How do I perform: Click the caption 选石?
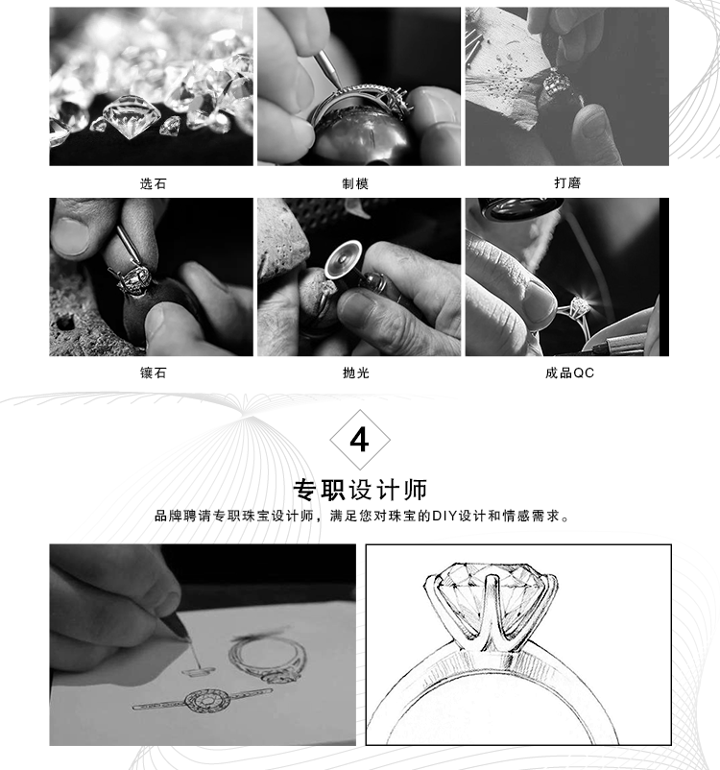[154, 183]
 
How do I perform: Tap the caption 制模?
[355, 183]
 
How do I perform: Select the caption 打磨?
[567, 183]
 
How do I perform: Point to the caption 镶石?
[154, 373]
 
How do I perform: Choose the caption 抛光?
[355, 373]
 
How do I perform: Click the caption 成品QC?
[569, 373]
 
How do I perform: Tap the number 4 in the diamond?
[359, 440]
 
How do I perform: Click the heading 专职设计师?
[360, 490]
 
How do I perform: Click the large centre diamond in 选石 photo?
[132, 116]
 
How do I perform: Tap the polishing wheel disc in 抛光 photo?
[343, 260]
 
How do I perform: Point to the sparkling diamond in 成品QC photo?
[580, 306]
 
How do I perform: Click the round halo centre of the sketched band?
[207, 701]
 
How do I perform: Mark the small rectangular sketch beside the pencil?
[199, 670]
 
